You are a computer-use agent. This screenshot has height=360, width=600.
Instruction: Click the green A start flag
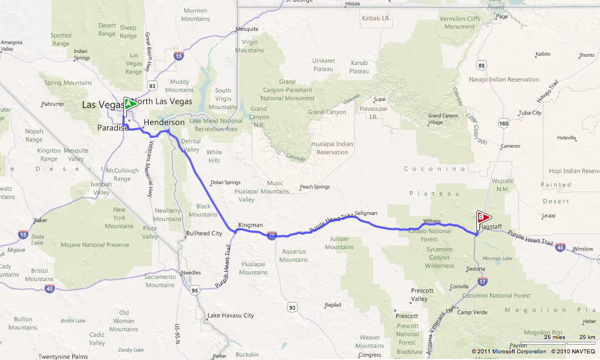tap(130, 104)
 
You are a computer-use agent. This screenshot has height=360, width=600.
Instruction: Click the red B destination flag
tap(483, 218)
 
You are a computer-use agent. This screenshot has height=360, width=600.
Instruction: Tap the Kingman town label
tap(250, 225)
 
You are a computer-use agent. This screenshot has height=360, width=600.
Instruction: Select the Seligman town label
tap(366, 213)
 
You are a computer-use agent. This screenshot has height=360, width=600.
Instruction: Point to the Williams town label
tap(432, 221)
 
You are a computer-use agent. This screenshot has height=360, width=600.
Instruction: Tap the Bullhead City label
tap(204, 233)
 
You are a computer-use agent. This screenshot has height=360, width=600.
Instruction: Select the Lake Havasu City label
tap(231, 316)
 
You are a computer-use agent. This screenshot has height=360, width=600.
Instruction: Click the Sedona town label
tap(475, 269)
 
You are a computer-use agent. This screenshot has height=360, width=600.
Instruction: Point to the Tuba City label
tap(530, 113)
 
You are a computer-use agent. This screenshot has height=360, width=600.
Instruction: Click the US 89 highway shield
tap(482, 66)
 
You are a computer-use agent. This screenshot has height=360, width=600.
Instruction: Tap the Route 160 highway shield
tap(503, 124)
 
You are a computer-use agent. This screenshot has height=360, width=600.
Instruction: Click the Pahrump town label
tap(53, 104)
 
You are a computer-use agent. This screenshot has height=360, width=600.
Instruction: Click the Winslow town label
tap(583, 249)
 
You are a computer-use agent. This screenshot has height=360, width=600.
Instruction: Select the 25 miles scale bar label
tap(554, 336)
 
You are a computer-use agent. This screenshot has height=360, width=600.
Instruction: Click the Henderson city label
tap(164, 122)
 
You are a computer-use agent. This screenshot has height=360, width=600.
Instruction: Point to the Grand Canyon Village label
tap(443, 119)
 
